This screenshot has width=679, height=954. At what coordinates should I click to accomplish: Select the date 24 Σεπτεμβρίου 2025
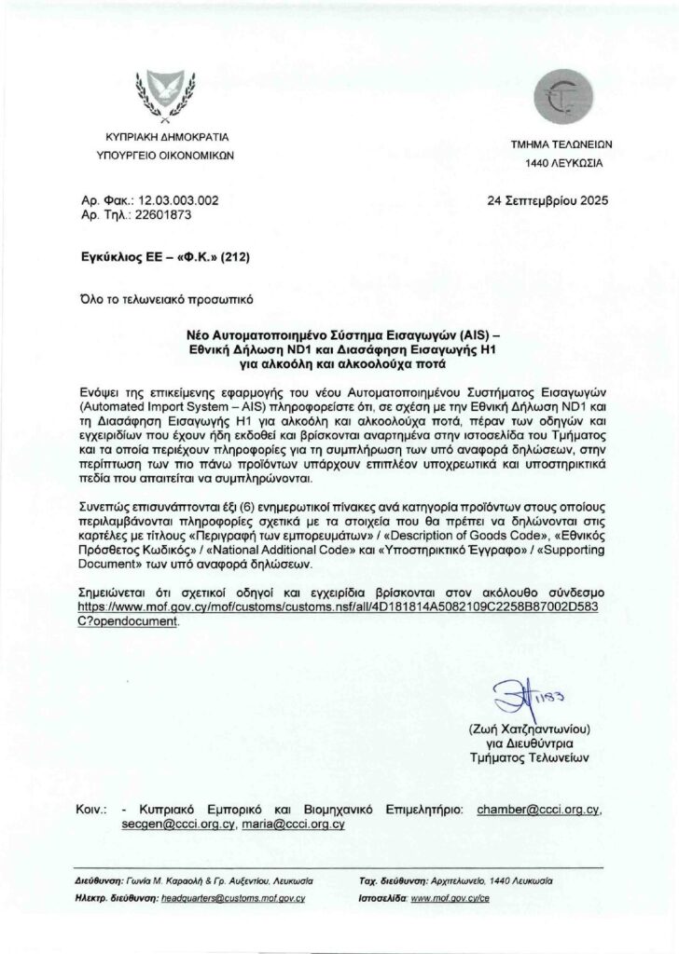pyautogui.click(x=545, y=200)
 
